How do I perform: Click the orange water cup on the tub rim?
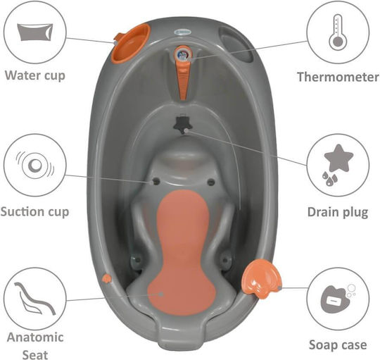point(131,44)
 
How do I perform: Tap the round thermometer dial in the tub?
point(183,54)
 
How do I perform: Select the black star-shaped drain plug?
point(183,124)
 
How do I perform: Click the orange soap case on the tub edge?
point(261,278)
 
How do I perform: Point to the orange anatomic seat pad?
point(182,252)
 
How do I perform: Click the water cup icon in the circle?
point(35,32)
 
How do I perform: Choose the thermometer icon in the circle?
point(337,32)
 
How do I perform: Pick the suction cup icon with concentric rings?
point(35,165)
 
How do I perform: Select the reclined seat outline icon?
point(34,299)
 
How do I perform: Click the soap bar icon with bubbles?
point(337,299)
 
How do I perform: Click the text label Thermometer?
point(338,77)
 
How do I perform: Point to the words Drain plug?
point(338,213)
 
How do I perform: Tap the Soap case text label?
point(338,345)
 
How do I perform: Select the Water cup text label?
point(35,75)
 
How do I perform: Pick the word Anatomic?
point(35,337)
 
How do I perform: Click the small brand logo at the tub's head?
point(183,32)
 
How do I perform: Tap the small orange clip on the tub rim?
point(107,278)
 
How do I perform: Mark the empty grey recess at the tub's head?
point(236,44)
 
